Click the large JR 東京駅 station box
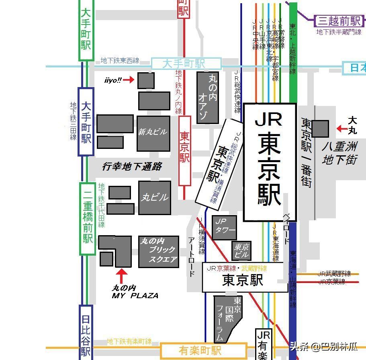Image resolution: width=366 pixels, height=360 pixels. [x=270, y=162]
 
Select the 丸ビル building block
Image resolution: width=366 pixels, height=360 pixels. [x=155, y=197]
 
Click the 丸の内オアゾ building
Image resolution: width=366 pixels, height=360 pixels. [x=207, y=98]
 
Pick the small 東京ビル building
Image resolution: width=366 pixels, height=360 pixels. [x=241, y=250]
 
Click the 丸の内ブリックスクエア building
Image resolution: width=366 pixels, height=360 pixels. [x=159, y=252]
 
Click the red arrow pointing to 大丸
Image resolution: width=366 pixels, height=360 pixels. [x=342, y=129]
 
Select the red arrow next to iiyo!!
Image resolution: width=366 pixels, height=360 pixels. [x=129, y=80]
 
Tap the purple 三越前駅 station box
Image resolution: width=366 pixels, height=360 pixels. [x=338, y=20]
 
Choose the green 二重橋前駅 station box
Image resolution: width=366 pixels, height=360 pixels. [x=87, y=219]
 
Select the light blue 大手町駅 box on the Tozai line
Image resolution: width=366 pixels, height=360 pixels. [x=186, y=64]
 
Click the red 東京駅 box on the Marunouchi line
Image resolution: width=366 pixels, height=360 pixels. [x=184, y=151]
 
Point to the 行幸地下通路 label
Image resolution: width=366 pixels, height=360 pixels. [x=131, y=167]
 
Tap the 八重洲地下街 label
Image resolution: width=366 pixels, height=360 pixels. [x=339, y=153]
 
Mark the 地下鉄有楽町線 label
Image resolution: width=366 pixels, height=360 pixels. [x=129, y=342]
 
